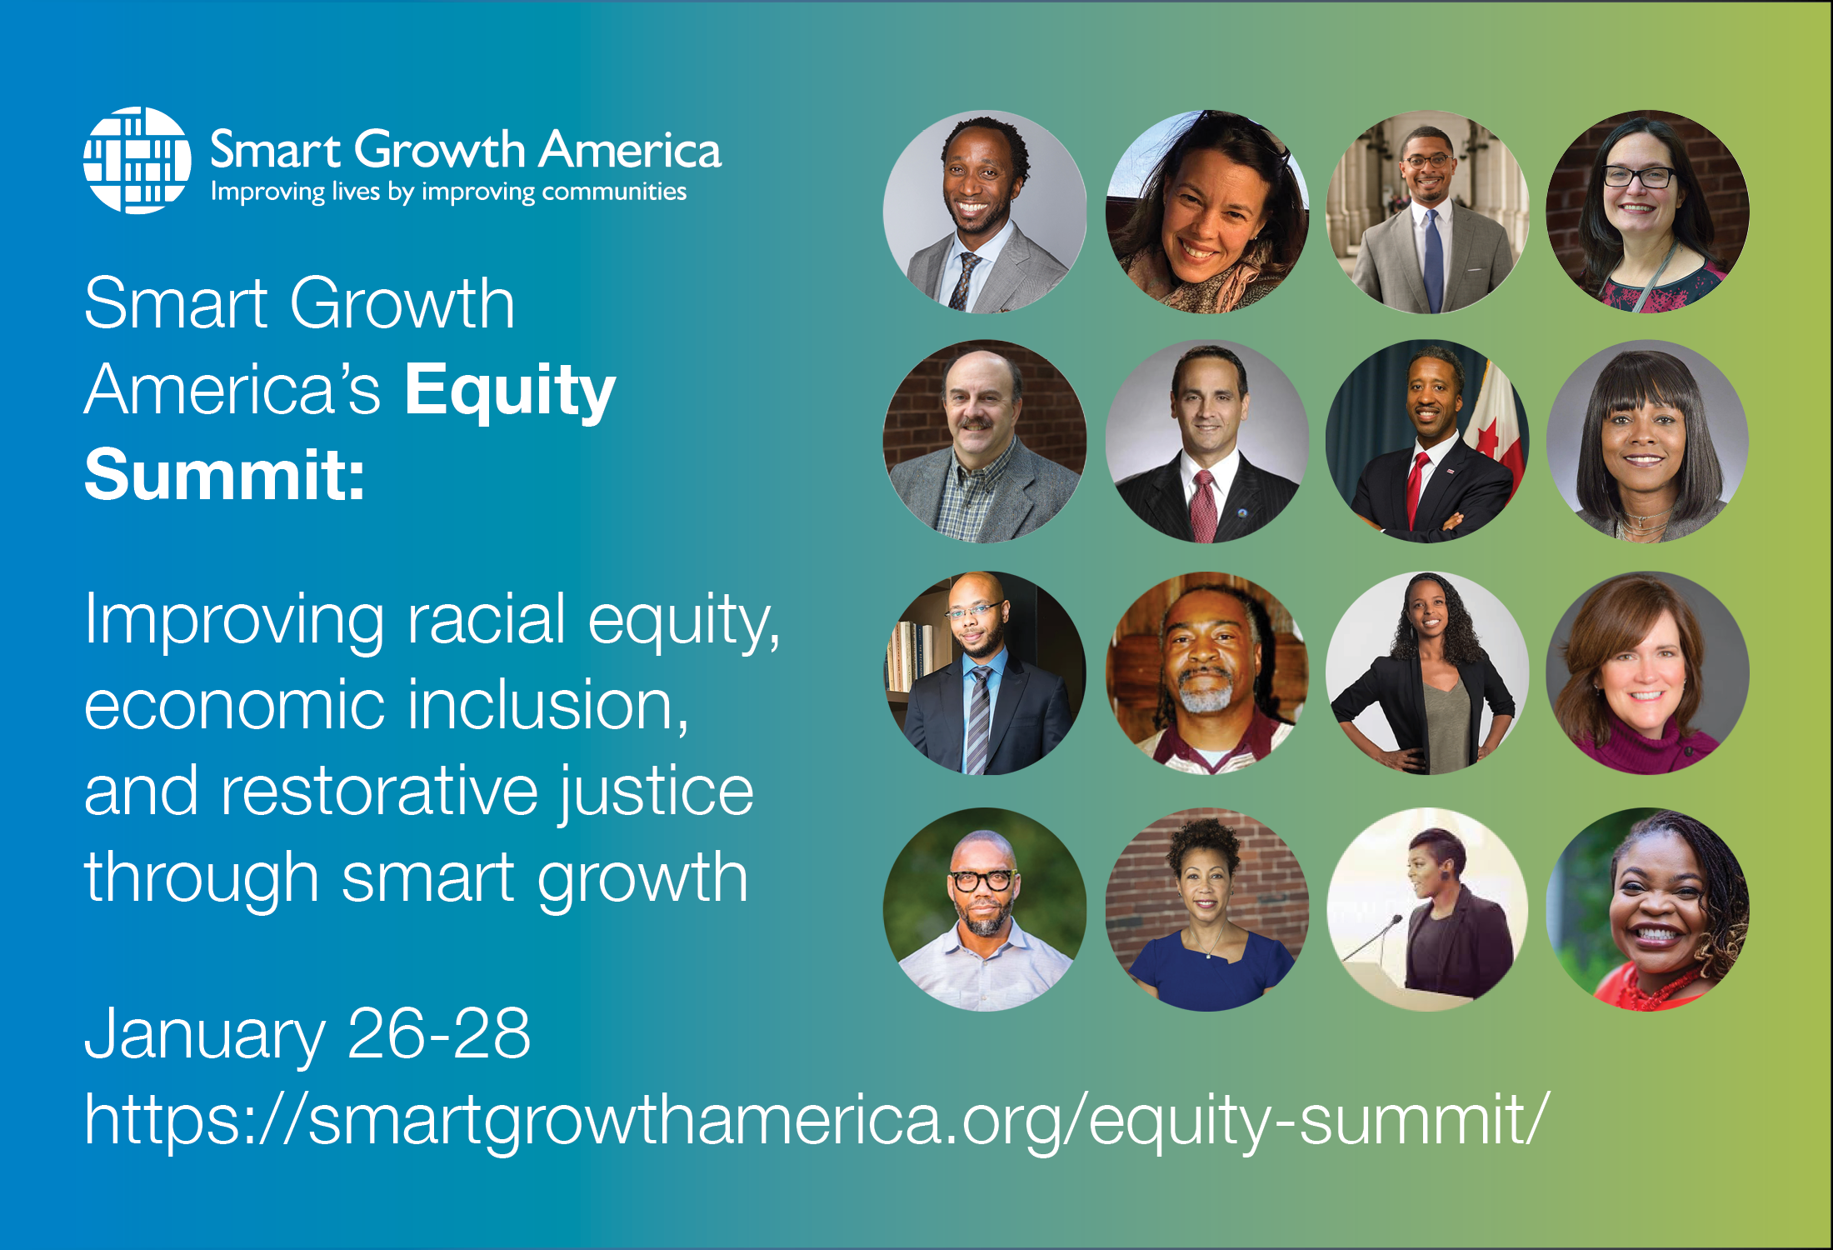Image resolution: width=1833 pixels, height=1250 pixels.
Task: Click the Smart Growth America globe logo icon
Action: coord(137,160)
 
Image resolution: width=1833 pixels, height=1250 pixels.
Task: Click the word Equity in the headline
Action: coord(510,391)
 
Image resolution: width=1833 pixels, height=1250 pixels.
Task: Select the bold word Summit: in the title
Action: coord(225,474)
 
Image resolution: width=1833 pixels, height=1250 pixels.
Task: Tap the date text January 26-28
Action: coord(307,1034)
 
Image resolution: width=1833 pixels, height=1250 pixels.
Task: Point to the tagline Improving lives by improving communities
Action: coord(448,192)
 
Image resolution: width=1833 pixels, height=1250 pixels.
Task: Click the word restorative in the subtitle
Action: coord(379,791)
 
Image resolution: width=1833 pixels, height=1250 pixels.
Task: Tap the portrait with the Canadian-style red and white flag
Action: coord(1427,442)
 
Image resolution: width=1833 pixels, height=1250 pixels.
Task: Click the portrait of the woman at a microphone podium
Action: coord(1427,909)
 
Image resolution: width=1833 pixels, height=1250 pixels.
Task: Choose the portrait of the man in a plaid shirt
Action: coord(985,442)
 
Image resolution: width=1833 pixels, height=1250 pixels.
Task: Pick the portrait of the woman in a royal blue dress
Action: coord(1206,909)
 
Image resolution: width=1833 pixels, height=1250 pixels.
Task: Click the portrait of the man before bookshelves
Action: coord(985,673)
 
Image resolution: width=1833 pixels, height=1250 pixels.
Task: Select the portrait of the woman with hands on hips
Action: coord(1427,673)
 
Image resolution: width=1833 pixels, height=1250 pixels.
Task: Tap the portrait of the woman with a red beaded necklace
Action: coord(1647,909)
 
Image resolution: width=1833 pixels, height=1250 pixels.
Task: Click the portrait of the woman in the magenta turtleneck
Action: coord(1647,673)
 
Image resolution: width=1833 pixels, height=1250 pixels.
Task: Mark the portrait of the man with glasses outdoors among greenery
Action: coord(985,909)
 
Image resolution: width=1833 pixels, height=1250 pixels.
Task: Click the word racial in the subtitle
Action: coord(487,619)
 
